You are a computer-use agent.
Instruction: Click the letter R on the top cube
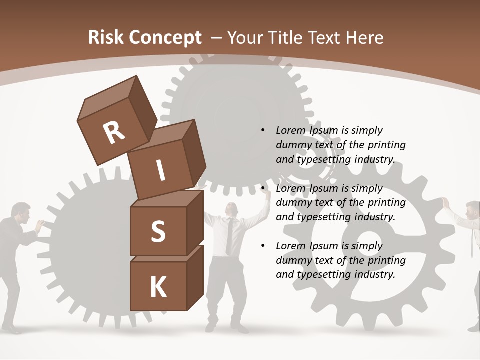pos(114,133)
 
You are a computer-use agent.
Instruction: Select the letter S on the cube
pos(158,231)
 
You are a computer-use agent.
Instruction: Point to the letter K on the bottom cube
pos(158,287)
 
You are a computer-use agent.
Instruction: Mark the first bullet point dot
pos(263,130)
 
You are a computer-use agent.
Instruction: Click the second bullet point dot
pos(263,188)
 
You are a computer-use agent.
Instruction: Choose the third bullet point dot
pos(263,246)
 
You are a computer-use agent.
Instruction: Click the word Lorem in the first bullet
pos(289,130)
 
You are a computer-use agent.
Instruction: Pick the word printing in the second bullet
pos(386,203)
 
